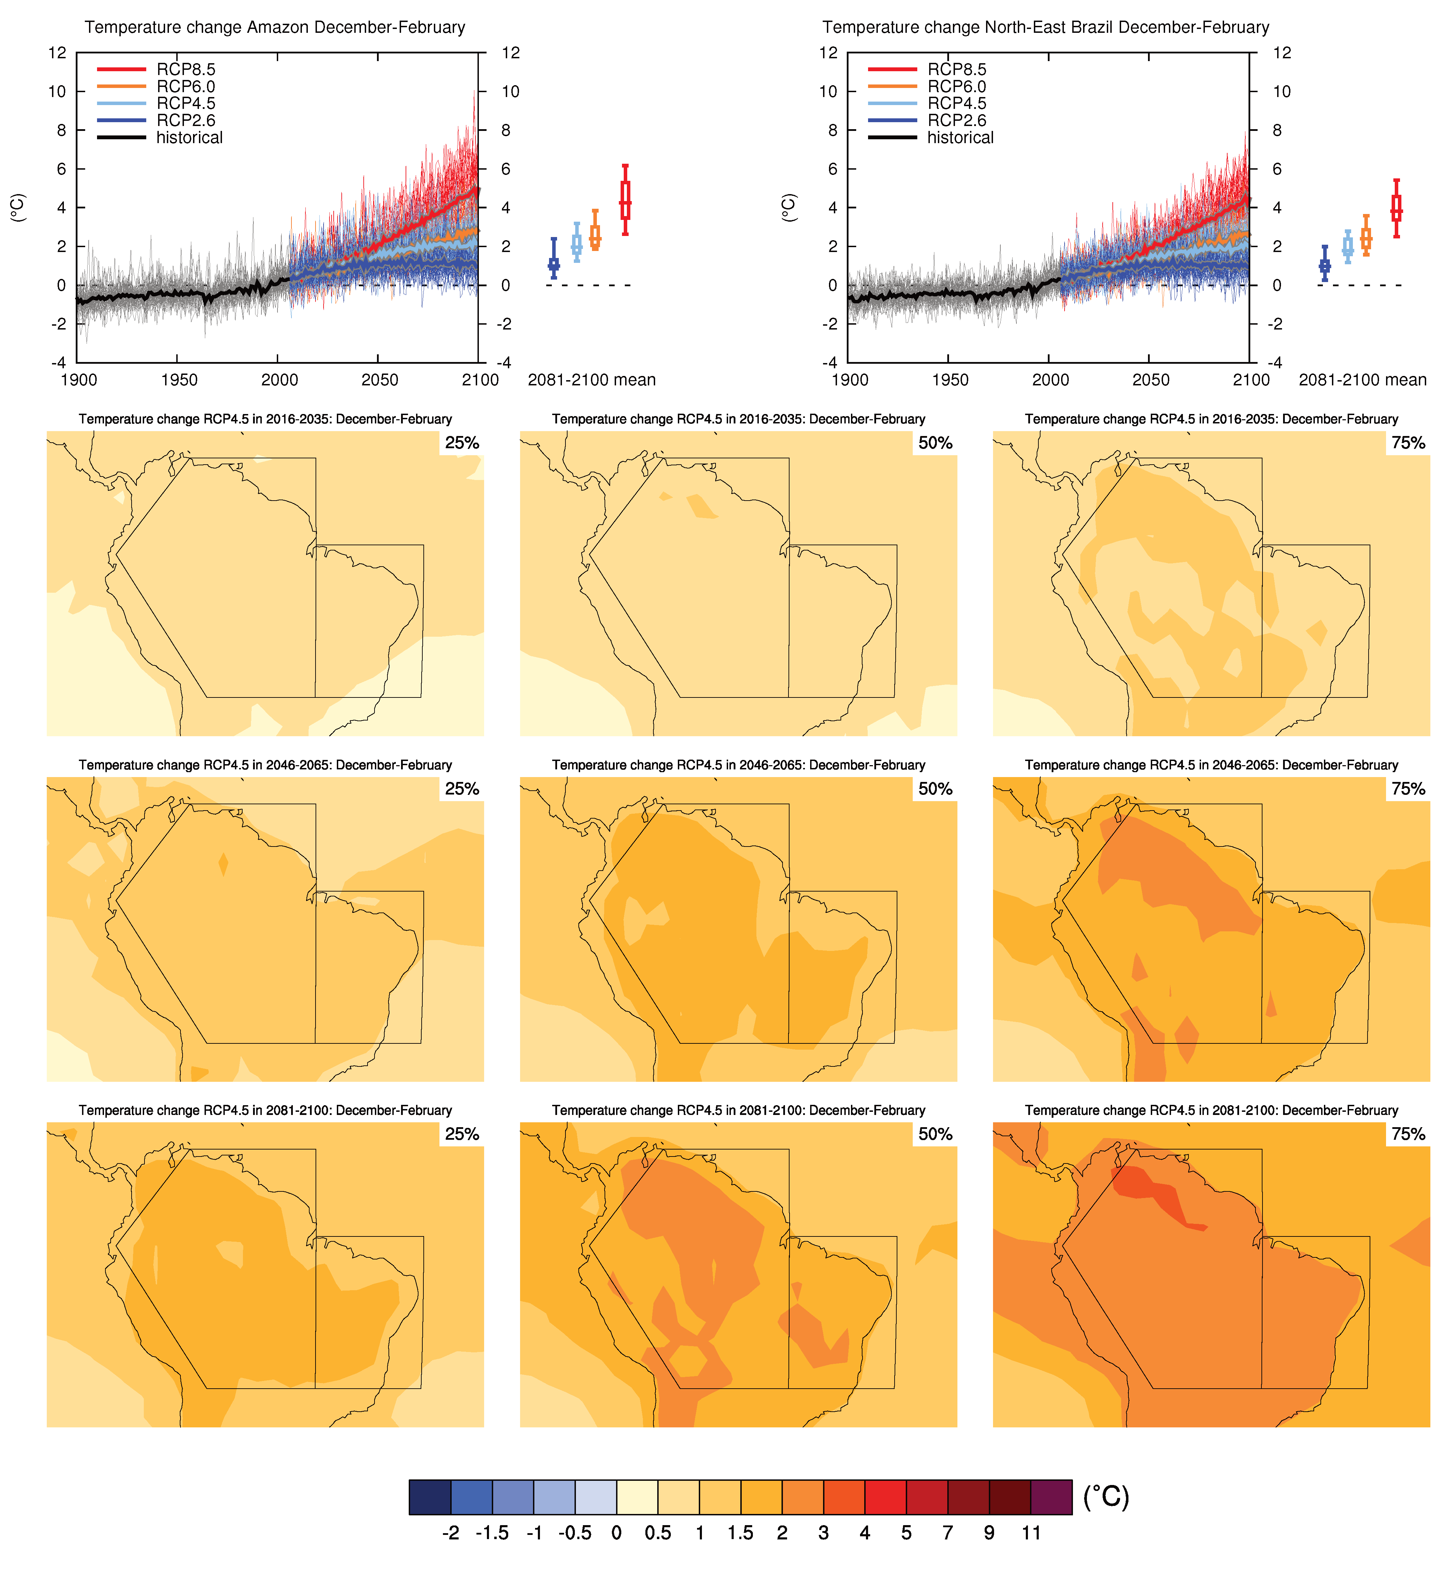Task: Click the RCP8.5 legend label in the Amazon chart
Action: click(x=186, y=69)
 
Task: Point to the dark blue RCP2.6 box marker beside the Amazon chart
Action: click(x=554, y=264)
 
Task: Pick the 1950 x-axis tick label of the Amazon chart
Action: click(x=179, y=380)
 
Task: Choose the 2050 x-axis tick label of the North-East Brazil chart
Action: click(x=1150, y=380)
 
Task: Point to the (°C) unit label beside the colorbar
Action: click(x=1106, y=1497)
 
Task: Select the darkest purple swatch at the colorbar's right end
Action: click(x=1051, y=1497)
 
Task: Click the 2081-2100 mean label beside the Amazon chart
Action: click(x=592, y=380)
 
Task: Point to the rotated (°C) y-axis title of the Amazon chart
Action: click(x=18, y=208)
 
